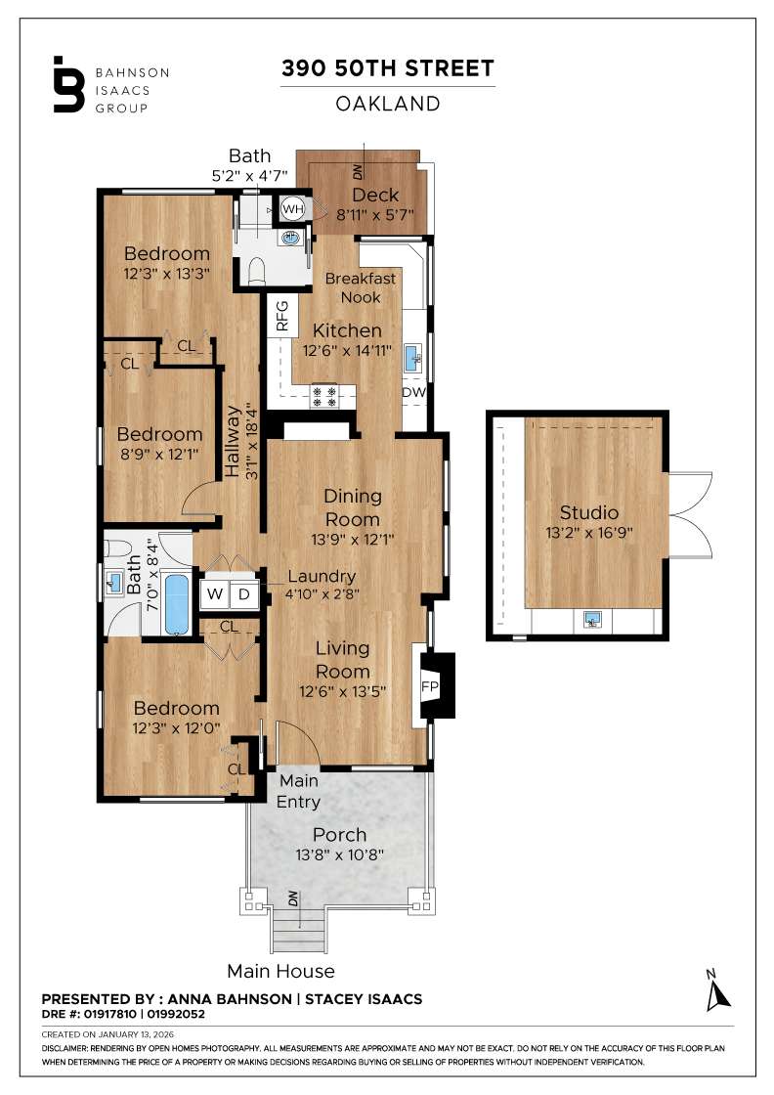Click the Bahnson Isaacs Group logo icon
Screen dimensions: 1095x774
(x=68, y=85)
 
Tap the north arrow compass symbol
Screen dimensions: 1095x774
(x=719, y=990)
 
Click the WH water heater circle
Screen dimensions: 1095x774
(x=292, y=208)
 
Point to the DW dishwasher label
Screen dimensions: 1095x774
(x=413, y=393)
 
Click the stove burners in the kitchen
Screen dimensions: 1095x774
(x=324, y=396)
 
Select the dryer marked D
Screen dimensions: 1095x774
(x=244, y=594)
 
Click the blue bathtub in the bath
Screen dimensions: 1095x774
(x=177, y=603)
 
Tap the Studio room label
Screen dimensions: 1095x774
(x=588, y=512)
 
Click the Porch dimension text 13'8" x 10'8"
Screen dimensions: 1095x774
(x=339, y=854)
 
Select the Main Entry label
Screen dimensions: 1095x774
(x=299, y=791)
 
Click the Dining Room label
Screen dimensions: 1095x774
(x=353, y=507)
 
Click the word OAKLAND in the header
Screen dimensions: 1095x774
(x=387, y=104)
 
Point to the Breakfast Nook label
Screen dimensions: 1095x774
(x=361, y=287)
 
